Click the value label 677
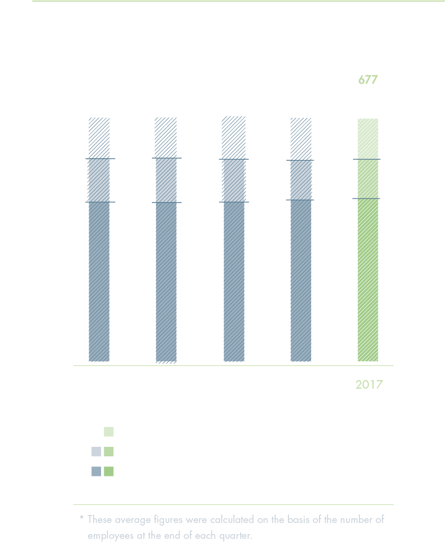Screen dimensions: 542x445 [x=368, y=80]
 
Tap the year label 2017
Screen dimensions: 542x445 [x=369, y=385]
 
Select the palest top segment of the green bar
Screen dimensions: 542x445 [x=368, y=139]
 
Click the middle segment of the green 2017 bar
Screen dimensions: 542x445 [x=368, y=179]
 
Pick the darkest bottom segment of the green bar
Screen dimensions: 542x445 [x=368, y=280]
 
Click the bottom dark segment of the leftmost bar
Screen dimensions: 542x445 [x=99, y=282]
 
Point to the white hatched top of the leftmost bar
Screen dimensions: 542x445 [x=99, y=137]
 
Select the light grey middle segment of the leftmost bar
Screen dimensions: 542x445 [x=99, y=180]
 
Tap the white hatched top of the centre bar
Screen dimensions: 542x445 [x=234, y=137]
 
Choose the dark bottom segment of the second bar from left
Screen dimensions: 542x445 [x=166, y=282]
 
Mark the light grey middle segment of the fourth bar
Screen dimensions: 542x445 [x=301, y=180]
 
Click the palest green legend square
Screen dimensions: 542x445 [x=108, y=431]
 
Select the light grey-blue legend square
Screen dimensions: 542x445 [x=96, y=452]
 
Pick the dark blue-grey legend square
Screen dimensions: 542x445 [x=96, y=471]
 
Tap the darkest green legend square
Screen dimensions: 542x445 [x=108, y=471]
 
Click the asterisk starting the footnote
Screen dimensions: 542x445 [x=81, y=519]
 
